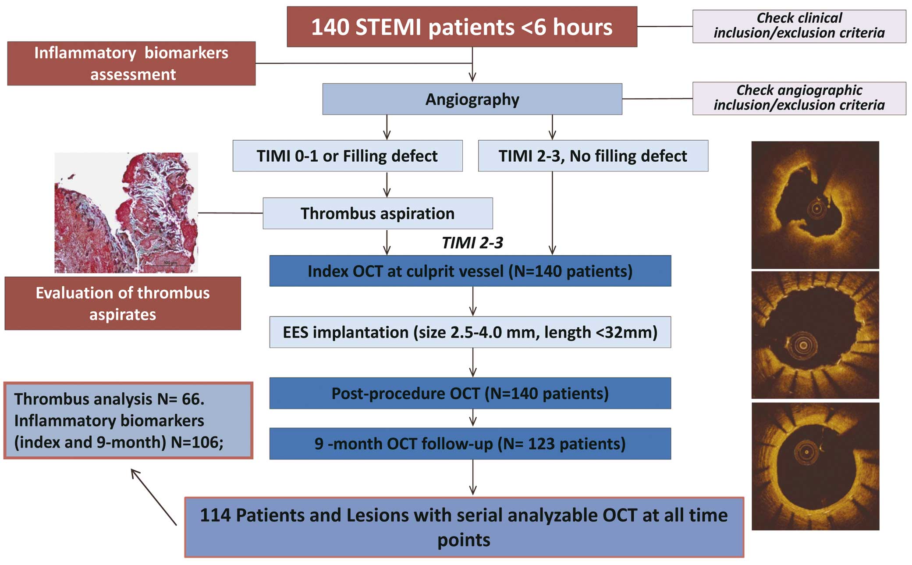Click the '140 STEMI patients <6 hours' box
462,27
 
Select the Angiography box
472,99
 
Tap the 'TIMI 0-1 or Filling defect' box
348,156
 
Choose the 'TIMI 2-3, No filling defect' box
593,156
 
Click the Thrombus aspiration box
378,213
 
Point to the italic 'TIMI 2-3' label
472,242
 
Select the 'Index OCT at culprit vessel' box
470,271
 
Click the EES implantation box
470,332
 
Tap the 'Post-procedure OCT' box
470,393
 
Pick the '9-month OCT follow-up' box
470,444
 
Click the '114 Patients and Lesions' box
464,527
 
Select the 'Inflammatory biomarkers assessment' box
131,64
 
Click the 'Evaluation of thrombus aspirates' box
123,303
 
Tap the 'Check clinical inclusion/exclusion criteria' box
799,26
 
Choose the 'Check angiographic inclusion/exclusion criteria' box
799,99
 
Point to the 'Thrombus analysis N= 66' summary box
128,421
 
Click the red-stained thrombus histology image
126,213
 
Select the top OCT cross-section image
815,205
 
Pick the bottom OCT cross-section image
815,466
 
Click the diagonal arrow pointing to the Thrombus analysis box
154,497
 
